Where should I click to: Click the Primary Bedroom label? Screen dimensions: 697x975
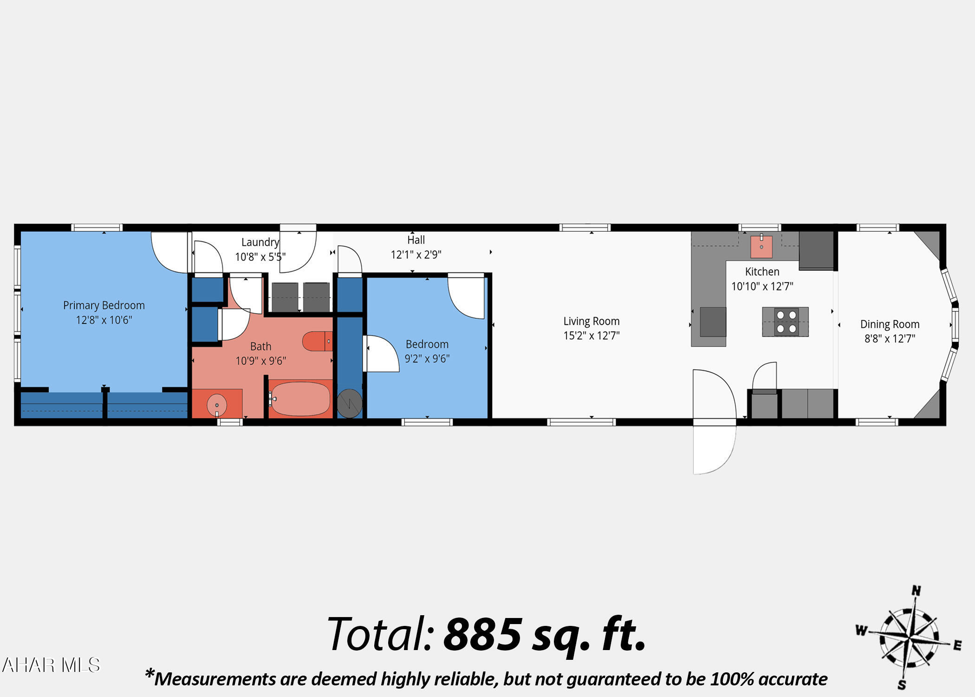pyautogui.click(x=104, y=305)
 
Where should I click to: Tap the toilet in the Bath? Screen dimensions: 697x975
pyautogui.click(x=317, y=341)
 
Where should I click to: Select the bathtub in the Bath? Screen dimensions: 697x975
pyautogui.click(x=300, y=399)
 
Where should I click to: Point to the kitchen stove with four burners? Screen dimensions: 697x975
pyautogui.click(x=786, y=322)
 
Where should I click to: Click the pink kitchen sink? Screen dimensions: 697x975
pyautogui.click(x=761, y=247)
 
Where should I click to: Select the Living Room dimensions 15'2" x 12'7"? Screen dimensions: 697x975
pyautogui.click(x=591, y=335)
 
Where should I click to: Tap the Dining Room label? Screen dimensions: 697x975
pyautogui.click(x=890, y=324)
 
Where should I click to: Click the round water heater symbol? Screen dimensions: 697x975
pyautogui.click(x=349, y=403)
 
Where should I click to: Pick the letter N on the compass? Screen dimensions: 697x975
pyautogui.click(x=916, y=591)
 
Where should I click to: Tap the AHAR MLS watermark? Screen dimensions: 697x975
pyautogui.click(x=51, y=665)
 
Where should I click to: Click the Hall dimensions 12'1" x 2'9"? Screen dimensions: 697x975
pyautogui.click(x=416, y=255)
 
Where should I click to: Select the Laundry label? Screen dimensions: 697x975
pyautogui.click(x=260, y=242)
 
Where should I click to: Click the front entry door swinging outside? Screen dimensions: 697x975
pyautogui.click(x=714, y=448)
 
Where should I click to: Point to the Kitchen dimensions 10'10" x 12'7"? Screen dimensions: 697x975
pyautogui.click(x=762, y=286)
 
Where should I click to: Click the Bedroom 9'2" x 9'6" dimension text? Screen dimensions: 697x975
pyautogui.click(x=427, y=359)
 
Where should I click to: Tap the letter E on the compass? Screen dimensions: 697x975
pyautogui.click(x=957, y=645)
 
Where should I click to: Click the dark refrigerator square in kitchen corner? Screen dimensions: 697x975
pyautogui.click(x=816, y=250)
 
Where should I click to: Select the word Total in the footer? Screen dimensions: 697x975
pyautogui.click(x=381, y=634)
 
